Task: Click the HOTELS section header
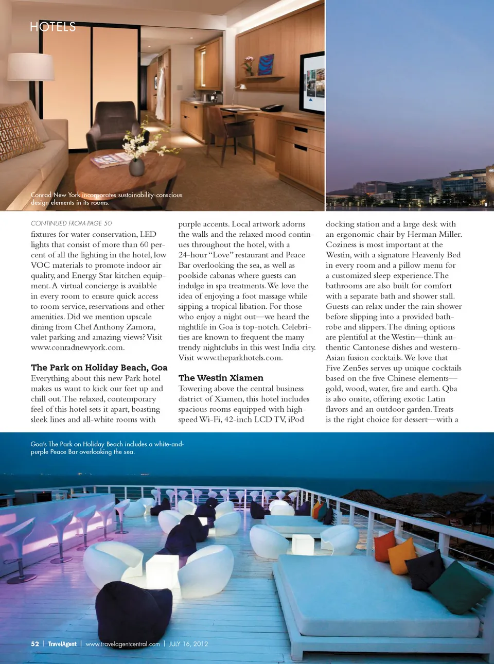[x=52, y=27]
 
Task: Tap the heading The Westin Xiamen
[x=221, y=378]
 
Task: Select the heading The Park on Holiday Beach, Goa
[x=99, y=368]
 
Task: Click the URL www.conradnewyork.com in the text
[x=77, y=347]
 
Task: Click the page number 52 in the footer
[x=35, y=644]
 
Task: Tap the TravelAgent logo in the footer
[x=62, y=644]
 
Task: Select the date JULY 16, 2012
[x=188, y=644]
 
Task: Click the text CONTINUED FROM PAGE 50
[x=71, y=223]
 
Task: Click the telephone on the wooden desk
[x=271, y=108]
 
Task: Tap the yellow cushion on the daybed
[x=402, y=556]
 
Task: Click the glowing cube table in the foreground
[x=162, y=571]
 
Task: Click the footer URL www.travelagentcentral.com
[x=122, y=644]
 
